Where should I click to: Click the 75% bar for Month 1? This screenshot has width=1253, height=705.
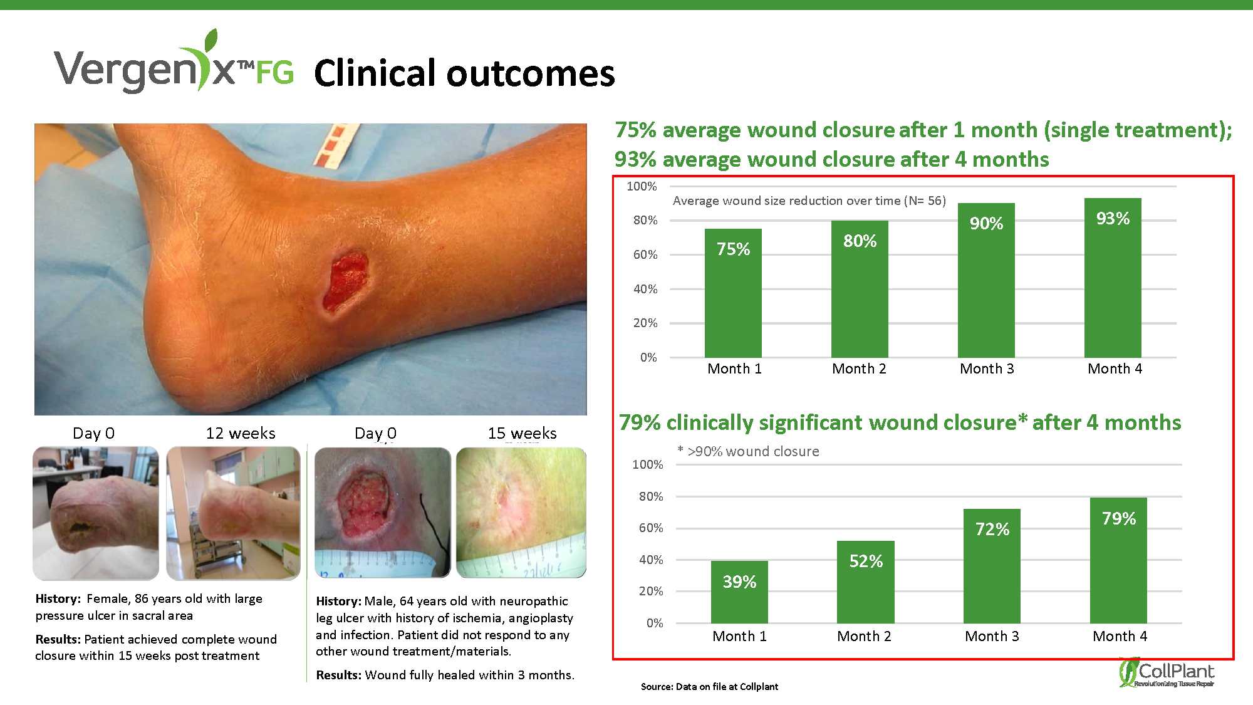pyautogui.click(x=733, y=293)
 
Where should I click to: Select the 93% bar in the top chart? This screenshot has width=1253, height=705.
pyautogui.click(x=1113, y=278)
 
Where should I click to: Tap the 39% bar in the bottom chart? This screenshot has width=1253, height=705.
pyautogui.click(x=739, y=592)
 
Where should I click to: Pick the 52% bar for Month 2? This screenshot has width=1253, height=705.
pyautogui.click(x=866, y=582)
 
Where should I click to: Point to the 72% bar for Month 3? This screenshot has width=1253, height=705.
pyautogui.click(x=992, y=566)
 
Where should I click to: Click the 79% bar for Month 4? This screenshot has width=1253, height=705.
pyautogui.click(x=1118, y=560)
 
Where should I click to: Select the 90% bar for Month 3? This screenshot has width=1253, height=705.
pyautogui.click(x=986, y=280)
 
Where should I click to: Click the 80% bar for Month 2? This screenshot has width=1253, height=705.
pyautogui.click(x=860, y=289)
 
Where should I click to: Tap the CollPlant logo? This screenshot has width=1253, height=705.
pyautogui.click(x=1167, y=672)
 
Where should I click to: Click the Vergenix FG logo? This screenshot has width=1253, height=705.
pyautogui.click(x=174, y=63)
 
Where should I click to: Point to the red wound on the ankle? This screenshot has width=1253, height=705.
pyautogui.click(x=344, y=281)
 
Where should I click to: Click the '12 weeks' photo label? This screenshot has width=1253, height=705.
pyautogui.click(x=241, y=433)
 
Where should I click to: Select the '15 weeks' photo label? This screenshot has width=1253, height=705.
pyautogui.click(x=522, y=433)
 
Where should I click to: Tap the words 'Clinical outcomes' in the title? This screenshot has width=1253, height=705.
pyautogui.click(x=464, y=73)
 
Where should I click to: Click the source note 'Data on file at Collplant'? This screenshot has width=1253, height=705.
pyautogui.click(x=727, y=686)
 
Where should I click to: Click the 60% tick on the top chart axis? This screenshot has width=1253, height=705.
pyautogui.click(x=645, y=254)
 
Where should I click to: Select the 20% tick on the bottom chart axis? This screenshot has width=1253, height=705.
pyautogui.click(x=651, y=591)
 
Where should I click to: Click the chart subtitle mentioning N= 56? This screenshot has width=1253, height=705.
pyautogui.click(x=809, y=201)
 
